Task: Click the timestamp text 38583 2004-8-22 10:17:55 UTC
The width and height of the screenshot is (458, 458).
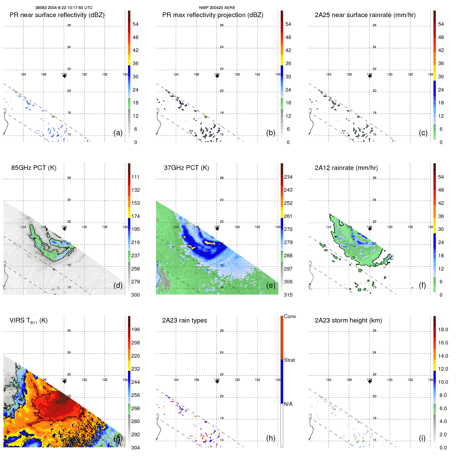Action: pos(64,8)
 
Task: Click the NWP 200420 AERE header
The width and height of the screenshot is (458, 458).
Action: pos(217,8)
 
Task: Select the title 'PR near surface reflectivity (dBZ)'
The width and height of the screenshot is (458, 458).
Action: pos(57,15)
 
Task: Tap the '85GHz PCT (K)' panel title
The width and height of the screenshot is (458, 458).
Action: pos(34,168)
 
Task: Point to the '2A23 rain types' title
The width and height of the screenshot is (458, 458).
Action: pos(184,320)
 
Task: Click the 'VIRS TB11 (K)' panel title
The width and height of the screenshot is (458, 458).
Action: pos(28,321)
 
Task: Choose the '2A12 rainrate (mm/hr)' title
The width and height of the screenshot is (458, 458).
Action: pos(346,168)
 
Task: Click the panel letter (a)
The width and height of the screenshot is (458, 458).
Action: pos(118,133)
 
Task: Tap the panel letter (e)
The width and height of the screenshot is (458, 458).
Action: pos(271,285)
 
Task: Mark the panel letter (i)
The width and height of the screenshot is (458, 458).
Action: pos(422,438)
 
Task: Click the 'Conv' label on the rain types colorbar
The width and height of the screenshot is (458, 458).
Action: pos(290,316)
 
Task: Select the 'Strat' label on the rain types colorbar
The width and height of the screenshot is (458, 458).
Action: pos(289,360)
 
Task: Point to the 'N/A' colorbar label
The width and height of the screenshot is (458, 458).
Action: pos(288,404)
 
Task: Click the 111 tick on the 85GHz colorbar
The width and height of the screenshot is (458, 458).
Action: pos(135,177)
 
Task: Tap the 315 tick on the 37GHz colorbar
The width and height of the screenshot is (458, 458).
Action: pos(288,295)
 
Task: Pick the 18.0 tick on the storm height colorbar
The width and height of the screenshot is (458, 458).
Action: pos(443,329)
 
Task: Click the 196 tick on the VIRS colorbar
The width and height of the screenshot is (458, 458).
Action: pos(135,329)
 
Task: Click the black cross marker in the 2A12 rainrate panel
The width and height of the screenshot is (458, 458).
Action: pos(370,229)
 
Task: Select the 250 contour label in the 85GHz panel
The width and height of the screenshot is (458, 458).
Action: pos(70,252)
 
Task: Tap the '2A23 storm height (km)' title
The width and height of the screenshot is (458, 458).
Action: pos(348,320)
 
